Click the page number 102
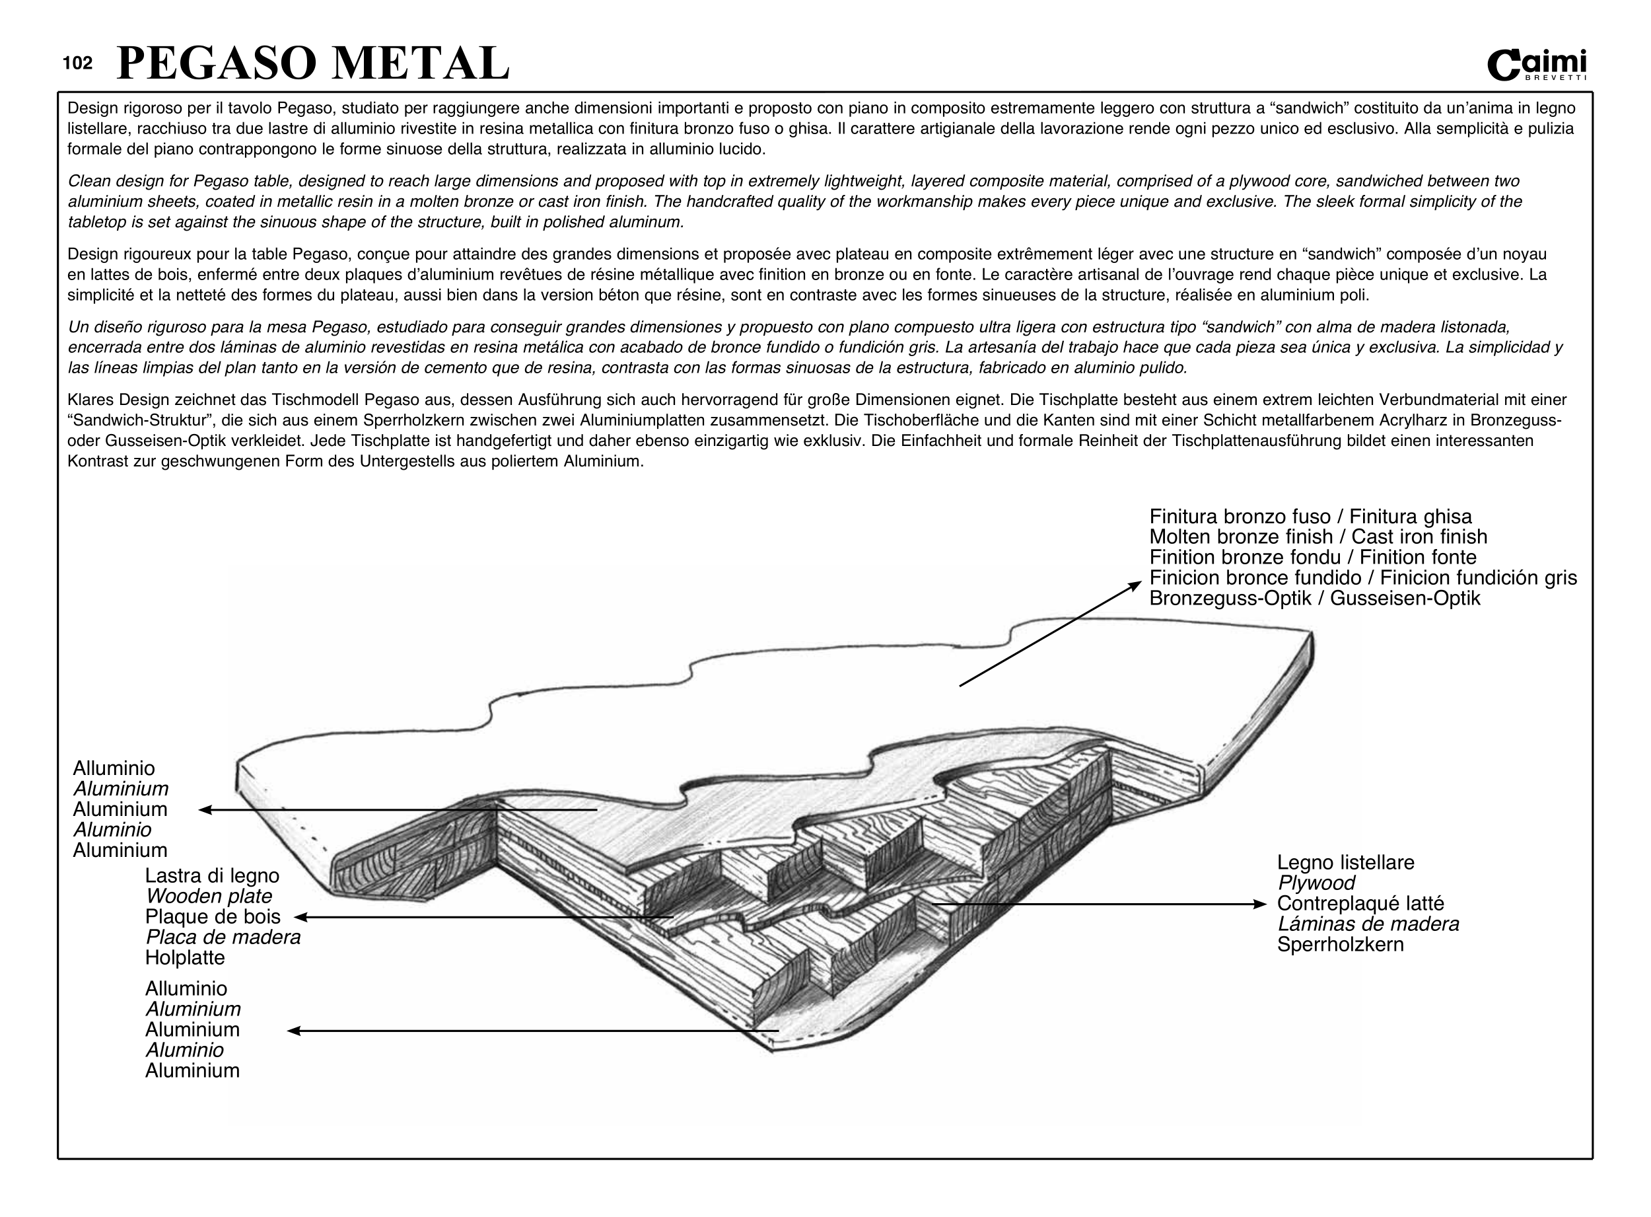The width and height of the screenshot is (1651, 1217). coord(78,63)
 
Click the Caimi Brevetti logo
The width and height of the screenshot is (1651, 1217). coord(1537,65)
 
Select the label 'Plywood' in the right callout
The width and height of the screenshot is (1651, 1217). coord(1316,883)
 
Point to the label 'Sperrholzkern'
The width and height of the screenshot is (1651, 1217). coord(1340,944)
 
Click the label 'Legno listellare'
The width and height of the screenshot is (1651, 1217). coord(1345,863)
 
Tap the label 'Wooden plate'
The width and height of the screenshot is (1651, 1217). coord(209,897)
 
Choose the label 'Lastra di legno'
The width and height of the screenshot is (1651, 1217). coord(212,876)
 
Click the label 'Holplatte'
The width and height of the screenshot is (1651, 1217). coord(185,958)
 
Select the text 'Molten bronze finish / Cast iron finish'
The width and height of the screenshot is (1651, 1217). coord(1318,537)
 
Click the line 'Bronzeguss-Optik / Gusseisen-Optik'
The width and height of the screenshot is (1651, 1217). coord(1314,598)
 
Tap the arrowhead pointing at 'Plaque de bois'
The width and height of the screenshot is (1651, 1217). coord(300,917)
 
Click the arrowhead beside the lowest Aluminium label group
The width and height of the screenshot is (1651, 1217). coord(293,1031)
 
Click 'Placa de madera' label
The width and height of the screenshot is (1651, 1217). coord(223,938)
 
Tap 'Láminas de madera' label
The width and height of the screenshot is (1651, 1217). coord(1368,924)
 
